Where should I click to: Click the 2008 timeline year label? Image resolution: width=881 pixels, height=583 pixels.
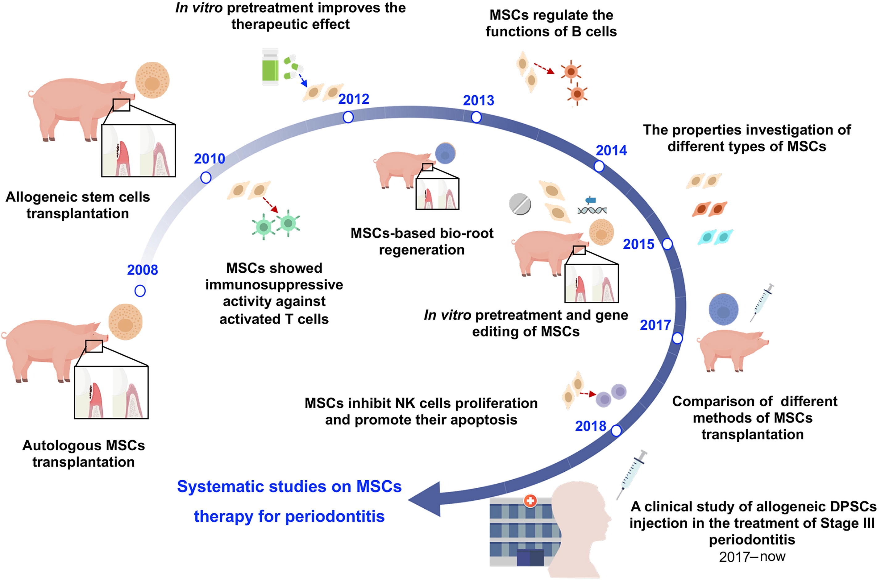pos(143,270)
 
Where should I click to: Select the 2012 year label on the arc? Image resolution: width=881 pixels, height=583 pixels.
pos(354,99)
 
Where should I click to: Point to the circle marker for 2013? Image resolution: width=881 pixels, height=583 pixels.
pos(476,118)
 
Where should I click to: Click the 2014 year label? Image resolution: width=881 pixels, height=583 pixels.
pos(611,151)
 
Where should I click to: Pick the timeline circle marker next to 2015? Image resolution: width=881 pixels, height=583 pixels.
pos(667,244)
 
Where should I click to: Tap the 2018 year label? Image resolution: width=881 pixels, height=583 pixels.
pos(591,426)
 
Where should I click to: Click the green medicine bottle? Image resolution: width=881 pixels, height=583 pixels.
pos(270,67)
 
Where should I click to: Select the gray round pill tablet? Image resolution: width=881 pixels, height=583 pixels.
pos(520,204)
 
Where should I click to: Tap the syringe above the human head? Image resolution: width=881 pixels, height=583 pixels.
pos(632,474)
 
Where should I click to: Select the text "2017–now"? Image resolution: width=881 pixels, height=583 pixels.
pos(752,556)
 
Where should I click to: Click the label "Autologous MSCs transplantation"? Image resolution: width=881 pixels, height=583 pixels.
pos(83,454)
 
